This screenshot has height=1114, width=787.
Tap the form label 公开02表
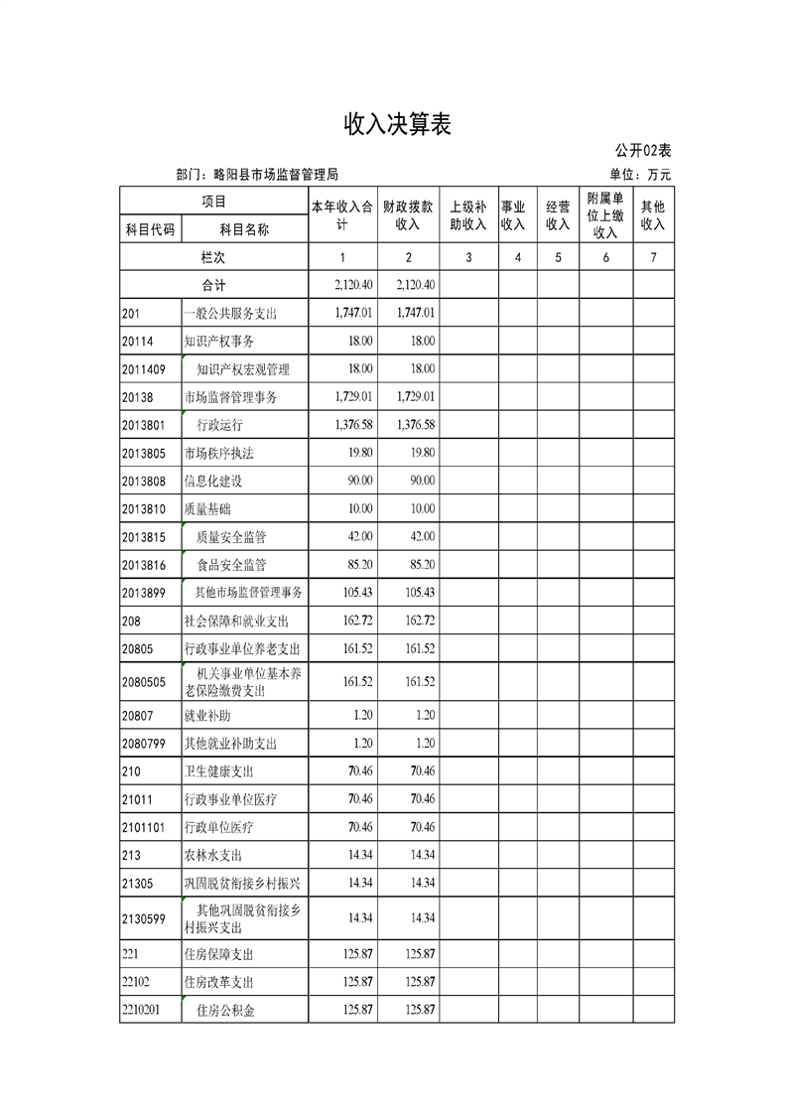click(x=642, y=151)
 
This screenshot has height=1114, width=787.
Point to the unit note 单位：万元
click(x=640, y=175)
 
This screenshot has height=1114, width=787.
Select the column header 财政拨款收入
click(x=408, y=215)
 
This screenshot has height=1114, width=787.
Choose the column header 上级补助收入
click(x=468, y=215)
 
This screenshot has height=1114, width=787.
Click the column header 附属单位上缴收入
click(x=604, y=215)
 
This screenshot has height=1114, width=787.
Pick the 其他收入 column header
click(x=652, y=215)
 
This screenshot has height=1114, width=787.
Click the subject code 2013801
click(x=144, y=425)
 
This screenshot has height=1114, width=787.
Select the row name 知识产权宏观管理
click(x=243, y=369)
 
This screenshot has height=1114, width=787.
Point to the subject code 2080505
click(x=144, y=681)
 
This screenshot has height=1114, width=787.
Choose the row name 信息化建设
click(x=213, y=482)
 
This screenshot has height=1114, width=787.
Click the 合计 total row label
click(x=213, y=285)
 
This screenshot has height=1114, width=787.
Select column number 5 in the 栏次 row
click(x=558, y=257)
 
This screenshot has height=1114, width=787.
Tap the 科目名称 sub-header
click(x=244, y=229)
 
